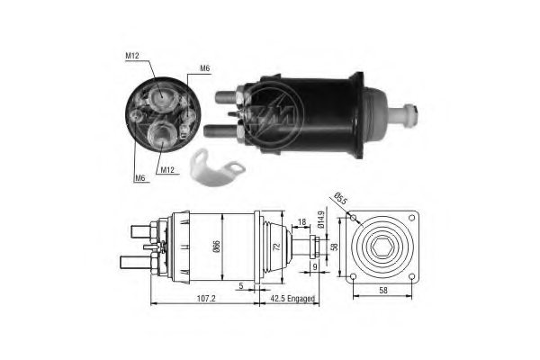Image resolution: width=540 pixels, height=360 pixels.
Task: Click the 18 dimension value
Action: point(301,221)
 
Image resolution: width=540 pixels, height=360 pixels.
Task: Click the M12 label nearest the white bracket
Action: point(166,168)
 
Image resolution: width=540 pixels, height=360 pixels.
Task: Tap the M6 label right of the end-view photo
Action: point(204,68)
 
